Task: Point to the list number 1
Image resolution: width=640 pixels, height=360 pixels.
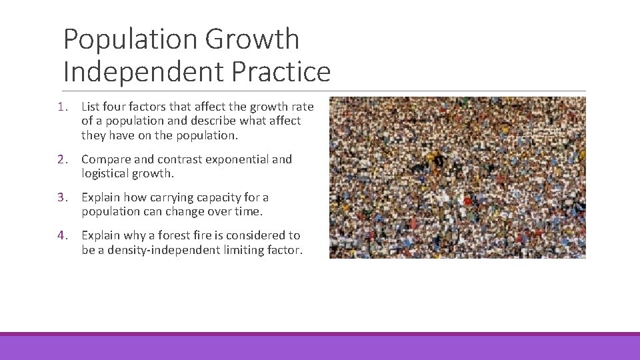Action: click(62, 107)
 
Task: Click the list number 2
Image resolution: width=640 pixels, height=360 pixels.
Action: click(62, 159)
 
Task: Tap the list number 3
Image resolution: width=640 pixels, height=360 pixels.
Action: click(62, 197)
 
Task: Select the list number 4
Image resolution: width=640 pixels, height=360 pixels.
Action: click(62, 235)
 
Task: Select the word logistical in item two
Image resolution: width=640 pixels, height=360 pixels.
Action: click(106, 174)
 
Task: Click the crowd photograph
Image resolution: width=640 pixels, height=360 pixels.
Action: click(457, 177)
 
